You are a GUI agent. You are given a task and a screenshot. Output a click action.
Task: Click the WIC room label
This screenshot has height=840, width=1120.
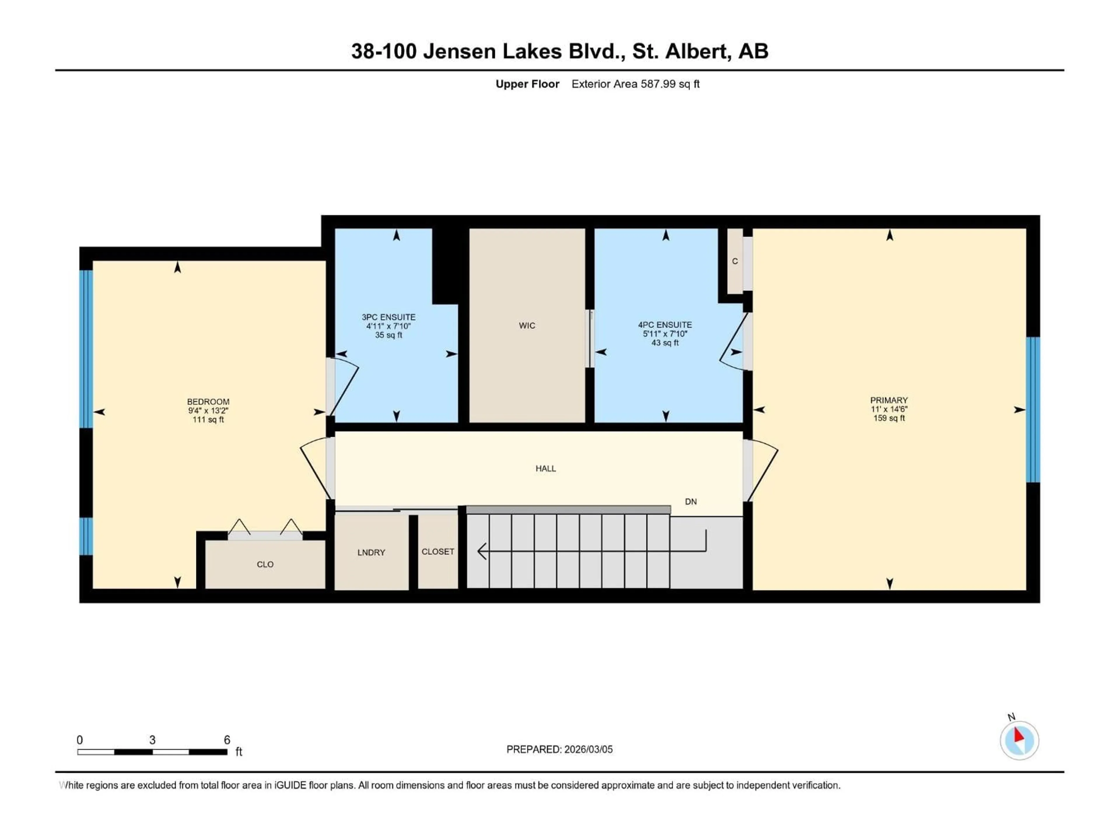click(x=526, y=325)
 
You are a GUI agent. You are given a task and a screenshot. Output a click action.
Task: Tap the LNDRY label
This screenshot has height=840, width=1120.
click(x=371, y=552)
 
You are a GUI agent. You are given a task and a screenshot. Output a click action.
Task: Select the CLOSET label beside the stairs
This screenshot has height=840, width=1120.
click(x=437, y=551)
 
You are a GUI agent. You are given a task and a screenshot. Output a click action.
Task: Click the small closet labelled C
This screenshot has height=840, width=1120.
click(x=735, y=261)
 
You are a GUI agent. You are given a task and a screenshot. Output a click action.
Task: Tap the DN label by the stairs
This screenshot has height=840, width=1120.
click(x=691, y=501)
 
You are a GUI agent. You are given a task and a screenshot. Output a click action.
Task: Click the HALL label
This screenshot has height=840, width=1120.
click(x=545, y=468)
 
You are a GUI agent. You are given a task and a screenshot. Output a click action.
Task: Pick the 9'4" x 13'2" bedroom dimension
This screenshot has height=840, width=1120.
click(x=208, y=411)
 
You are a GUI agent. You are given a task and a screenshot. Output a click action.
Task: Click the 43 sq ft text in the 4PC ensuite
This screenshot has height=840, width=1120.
click(x=665, y=343)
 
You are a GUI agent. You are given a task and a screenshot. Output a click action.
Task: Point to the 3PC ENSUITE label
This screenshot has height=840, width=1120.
click(x=388, y=317)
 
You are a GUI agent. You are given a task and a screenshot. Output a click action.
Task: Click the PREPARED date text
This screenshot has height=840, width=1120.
click(x=559, y=749)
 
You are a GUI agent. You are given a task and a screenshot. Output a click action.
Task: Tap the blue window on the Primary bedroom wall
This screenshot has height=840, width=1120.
click(x=1033, y=409)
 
